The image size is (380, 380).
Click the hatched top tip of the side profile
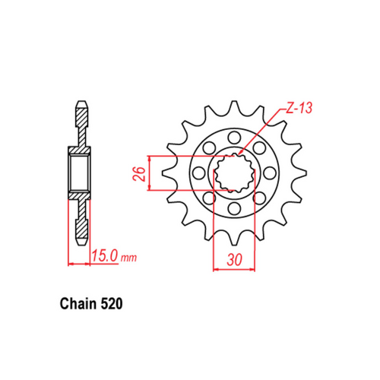pyautogui.click(x=81, y=114)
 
